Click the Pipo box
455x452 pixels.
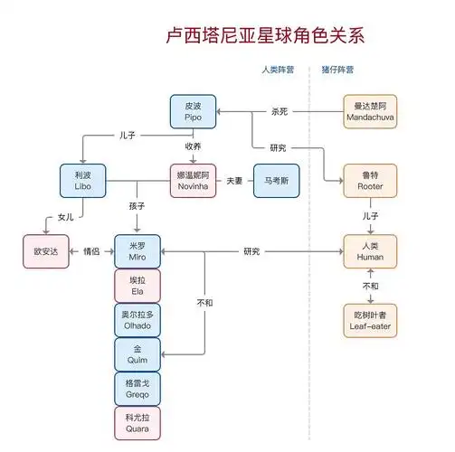click(x=194, y=111)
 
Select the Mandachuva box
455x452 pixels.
click(x=370, y=111)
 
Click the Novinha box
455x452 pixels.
click(x=194, y=180)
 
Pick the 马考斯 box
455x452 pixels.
click(x=276, y=180)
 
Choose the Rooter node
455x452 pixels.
click(x=370, y=180)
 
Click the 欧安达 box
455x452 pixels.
click(x=46, y=250)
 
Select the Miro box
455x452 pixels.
click(x=137, y=250)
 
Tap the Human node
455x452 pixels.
click(x=370, y=250)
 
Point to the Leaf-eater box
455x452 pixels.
click(x=370, y=319)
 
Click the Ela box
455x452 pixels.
click(x=137, y=285)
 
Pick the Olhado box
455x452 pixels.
click(x=137, y=319)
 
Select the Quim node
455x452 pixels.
click(x=137, y=353)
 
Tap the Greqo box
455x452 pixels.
click(x=137, y=388)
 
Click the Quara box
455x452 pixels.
click(x=137, y=422)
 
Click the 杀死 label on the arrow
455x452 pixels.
click(x=281, y=111)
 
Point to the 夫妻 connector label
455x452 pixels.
click(x=234, y=180)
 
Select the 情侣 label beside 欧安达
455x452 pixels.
click(x=90, y=250)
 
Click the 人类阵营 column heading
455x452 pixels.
click(x=277, y=70)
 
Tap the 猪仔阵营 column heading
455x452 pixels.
click(x=338, y=70)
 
